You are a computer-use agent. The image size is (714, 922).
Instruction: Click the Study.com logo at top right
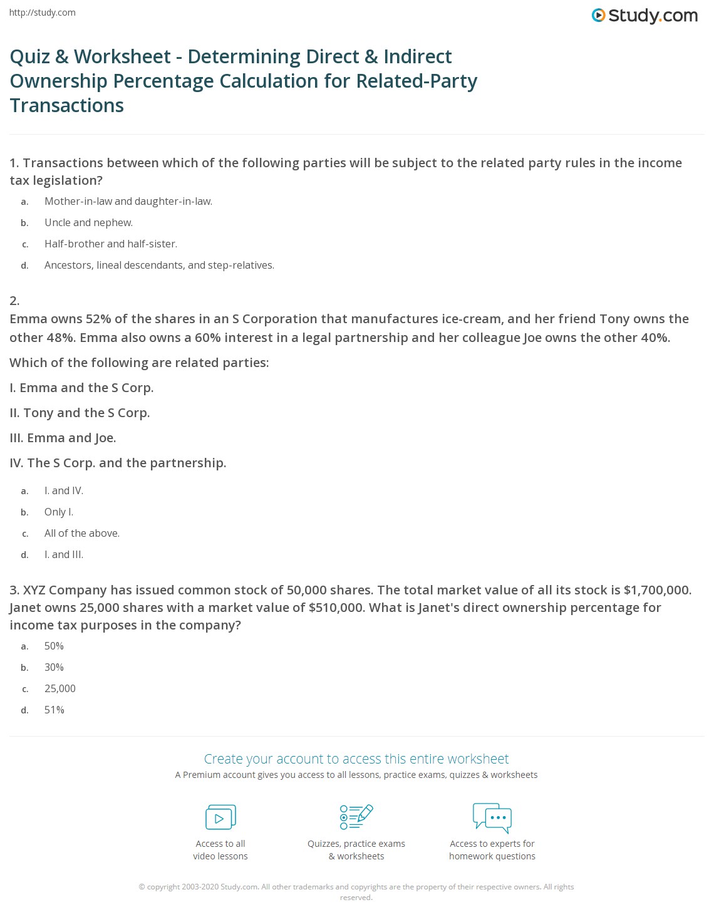tap(644, 16)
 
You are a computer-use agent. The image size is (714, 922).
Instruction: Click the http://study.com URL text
tap(43, 13)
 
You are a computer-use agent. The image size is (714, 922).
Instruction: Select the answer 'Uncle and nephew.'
tap(88, 222)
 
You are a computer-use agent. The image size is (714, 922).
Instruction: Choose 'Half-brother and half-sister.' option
tap(111, 244)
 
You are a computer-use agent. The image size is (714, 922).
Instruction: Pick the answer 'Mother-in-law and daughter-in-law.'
tap(128, 201)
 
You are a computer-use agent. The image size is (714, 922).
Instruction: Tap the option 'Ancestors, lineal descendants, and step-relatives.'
tap(159, 265)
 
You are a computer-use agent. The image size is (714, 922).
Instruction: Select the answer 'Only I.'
tap(59, 512)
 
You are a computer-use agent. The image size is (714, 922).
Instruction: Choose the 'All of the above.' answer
tap(82, 533)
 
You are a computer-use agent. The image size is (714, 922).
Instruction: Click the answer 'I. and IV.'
tap(64, 490)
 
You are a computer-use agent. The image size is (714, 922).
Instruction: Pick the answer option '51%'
tap(54, 710)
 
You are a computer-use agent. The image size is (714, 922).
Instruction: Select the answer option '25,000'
tap(60, 688)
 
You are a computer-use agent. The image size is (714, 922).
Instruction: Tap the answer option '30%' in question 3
tap(54, 667)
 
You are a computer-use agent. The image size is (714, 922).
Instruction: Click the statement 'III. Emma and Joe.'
tap(63, 438)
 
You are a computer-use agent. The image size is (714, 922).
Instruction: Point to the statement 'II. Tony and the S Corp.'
tap(80, 413)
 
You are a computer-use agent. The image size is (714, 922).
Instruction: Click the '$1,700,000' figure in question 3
tap(658, 590)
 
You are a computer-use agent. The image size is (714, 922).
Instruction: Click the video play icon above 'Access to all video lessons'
tap(220, 817)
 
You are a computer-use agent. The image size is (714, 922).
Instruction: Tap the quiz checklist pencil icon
tap(356, 817)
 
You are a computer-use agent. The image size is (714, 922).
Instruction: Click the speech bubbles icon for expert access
tap(492, 817)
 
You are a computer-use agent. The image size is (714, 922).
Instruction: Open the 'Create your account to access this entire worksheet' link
tap(356, 759)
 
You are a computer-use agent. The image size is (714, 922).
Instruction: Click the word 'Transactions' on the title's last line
tap(67, 105)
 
